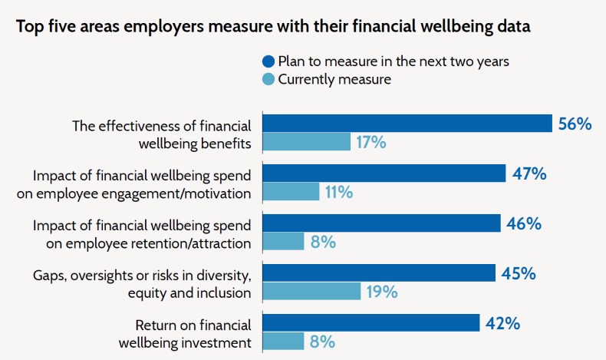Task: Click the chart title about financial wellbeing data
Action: [274, 26]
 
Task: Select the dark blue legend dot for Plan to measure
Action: [268, 61]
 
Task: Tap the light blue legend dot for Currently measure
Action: [268, 78]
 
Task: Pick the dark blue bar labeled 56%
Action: [407, 124]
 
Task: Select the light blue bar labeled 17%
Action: [307, 142]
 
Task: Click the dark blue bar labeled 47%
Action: [384, 173]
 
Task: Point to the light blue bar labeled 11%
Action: [291, 192]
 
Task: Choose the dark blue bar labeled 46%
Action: [382, 223]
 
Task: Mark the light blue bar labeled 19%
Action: [311, 292]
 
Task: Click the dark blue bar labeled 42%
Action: [371, 323]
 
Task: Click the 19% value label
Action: [381, 292]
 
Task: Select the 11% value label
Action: [338, 192]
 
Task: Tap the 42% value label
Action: [503, 323]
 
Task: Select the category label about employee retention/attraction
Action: [142, 233]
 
